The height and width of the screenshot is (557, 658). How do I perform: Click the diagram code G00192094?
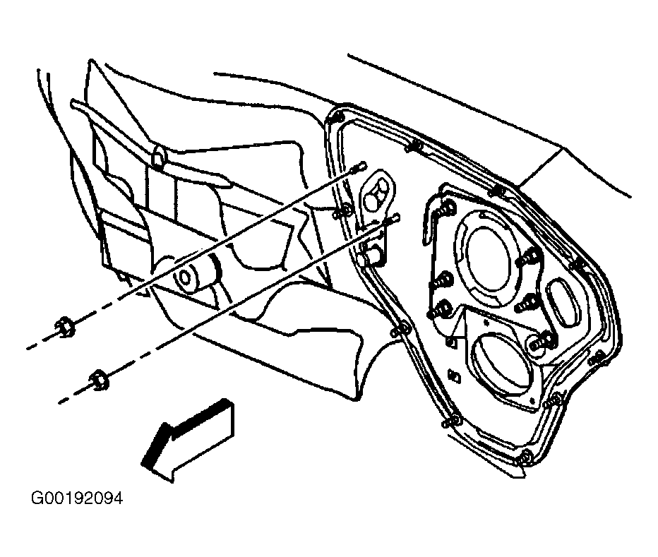point(77,498)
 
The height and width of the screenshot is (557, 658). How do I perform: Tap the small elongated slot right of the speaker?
point(561,301)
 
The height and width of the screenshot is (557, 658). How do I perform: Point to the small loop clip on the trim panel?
point(159,158)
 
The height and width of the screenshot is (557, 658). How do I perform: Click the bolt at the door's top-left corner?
point(337,116)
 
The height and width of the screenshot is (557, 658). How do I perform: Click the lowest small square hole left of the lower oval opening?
point(455,376)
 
